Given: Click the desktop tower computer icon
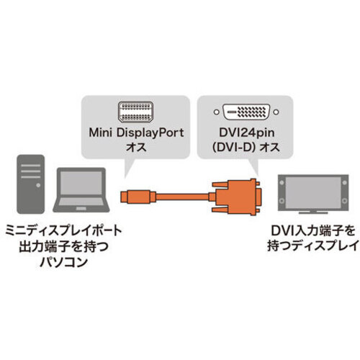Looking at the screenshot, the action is pos(31,184).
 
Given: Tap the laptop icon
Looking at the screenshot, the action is pos(81,190).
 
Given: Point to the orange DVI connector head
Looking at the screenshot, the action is pos(236,197).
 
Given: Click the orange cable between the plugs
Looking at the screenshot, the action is pos(182,197).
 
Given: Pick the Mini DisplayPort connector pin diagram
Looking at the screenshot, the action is pos(135,112).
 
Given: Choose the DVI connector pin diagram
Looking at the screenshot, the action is pos(246,112).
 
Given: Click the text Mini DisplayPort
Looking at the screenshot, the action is pos(136,132).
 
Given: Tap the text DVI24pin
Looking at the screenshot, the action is pos(246,132).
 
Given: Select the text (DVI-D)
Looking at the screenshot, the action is pos(233,147).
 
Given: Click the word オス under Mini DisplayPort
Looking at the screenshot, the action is pos(136,147).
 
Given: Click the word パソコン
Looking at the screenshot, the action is pos(63,262).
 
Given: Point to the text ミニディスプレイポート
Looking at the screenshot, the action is pos(64,230).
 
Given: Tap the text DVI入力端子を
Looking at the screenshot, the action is pos(313,231).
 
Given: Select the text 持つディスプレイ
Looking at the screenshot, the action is pos(313,246).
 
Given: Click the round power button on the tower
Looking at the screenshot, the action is pos(38,185).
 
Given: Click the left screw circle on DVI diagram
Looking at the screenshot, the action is pos(216,112).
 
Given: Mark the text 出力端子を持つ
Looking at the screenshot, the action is pos(63,246).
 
